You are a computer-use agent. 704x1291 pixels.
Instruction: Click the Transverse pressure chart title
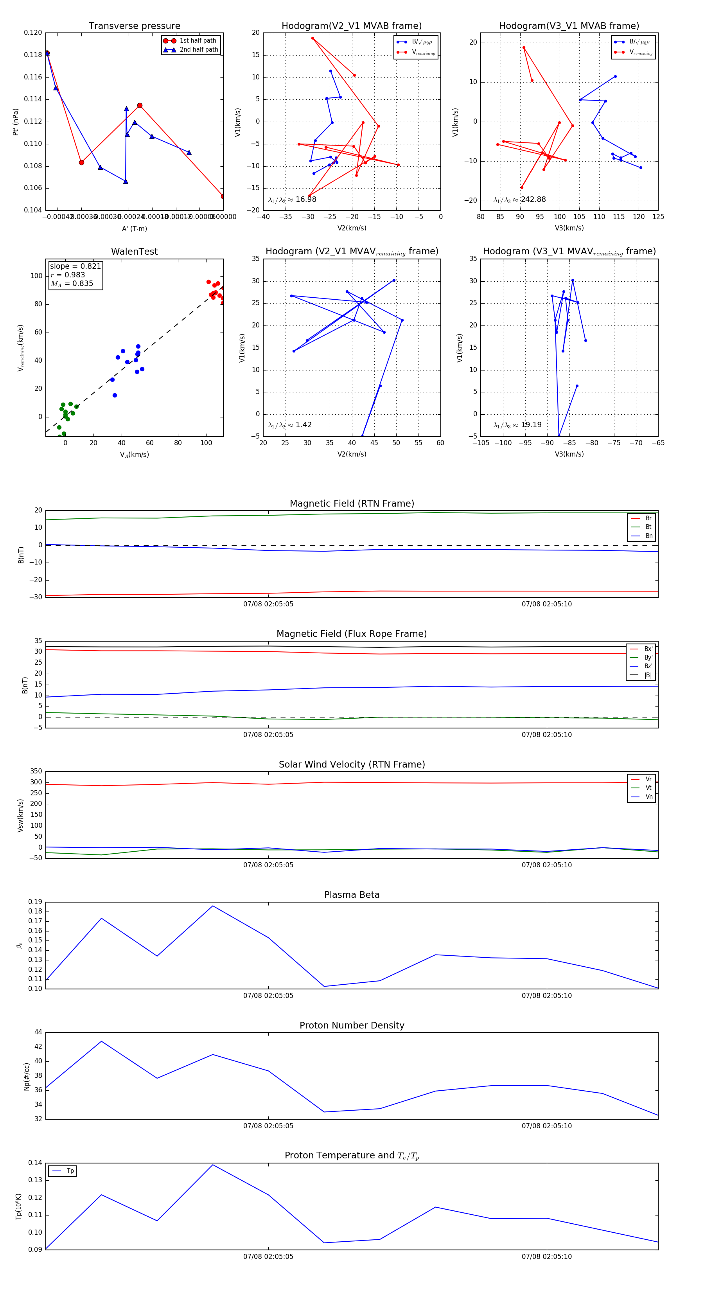134,26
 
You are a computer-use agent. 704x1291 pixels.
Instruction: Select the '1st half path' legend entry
198,41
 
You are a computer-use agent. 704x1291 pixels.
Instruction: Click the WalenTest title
134,252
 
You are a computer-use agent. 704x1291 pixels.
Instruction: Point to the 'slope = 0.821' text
75,266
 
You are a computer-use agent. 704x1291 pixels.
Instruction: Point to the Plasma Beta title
352,895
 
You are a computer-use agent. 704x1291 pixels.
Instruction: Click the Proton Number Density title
352,1025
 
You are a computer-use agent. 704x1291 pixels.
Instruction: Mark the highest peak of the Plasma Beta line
213,906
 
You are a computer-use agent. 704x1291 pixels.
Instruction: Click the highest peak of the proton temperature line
213,1164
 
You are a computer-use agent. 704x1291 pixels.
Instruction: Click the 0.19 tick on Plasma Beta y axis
35,902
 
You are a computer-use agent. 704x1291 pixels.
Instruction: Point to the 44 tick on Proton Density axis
38,1032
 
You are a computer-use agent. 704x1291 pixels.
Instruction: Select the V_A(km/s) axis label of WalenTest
134,455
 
